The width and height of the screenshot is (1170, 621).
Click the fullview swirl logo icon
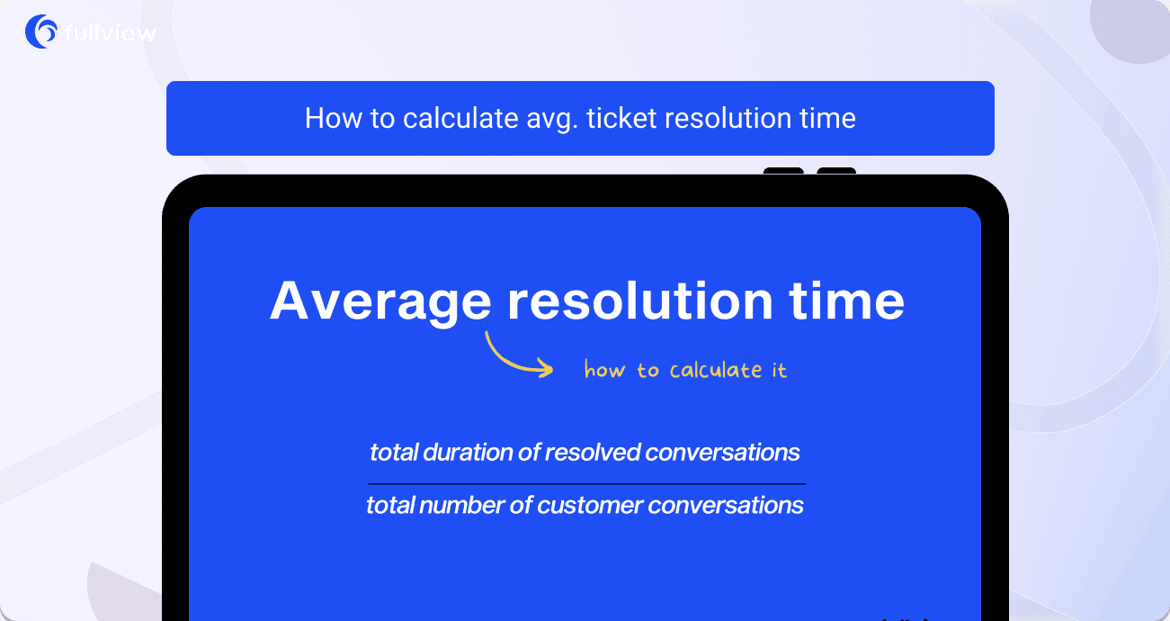click(41, 31)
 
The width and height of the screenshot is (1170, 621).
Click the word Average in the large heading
click(380, 301)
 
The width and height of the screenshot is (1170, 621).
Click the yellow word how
click(604, 370)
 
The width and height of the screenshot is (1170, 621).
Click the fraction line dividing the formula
click(585, 484)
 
